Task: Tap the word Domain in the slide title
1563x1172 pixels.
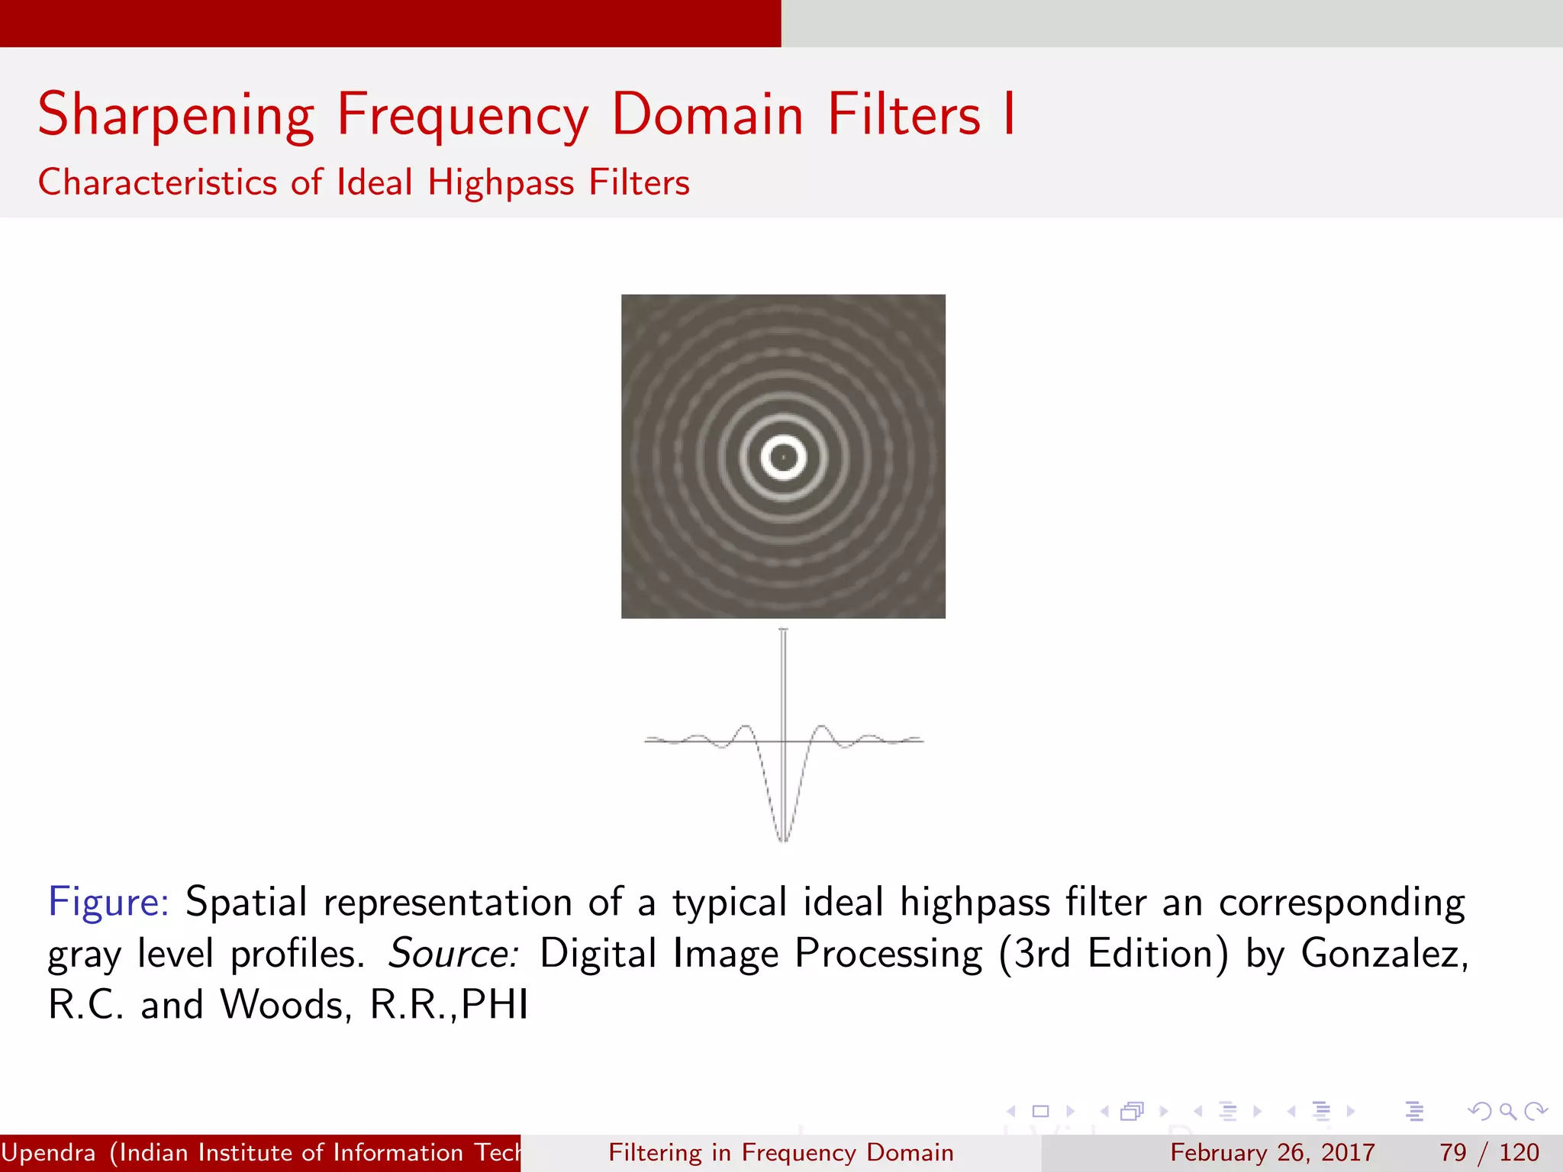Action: [707, 114]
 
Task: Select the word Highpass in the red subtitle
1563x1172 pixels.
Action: [501, 183]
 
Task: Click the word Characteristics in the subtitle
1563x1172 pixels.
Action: [157, 183]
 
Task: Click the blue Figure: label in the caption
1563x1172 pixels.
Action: [108, 902]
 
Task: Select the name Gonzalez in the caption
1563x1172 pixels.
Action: [1383, 954]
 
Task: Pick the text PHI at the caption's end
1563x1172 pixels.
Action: [495, 1005]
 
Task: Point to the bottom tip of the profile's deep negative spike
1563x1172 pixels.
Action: [783, 839]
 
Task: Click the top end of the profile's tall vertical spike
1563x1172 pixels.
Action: [783, 631]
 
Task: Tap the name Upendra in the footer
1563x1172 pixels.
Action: [49, 1152]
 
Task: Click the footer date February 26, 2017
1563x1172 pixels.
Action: [1272, 1152]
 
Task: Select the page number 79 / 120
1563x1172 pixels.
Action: [1488, 1152]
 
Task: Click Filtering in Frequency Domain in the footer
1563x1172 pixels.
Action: [781, 1152]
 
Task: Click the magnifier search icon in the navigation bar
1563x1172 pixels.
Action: [1507, 1111]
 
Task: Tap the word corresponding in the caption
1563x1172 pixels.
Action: [1341, 903]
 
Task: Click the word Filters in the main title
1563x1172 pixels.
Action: [904, 114]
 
